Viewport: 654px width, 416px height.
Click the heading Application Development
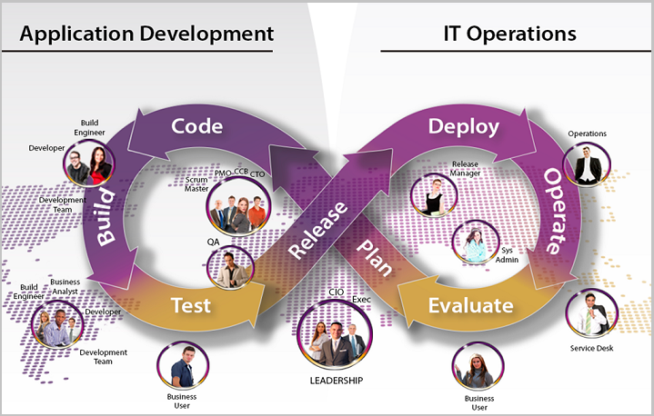point(146,34)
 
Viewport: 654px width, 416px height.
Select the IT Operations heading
point(509,34)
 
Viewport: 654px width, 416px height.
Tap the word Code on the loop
point(197,125)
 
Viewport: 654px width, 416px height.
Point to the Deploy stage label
point(464,125)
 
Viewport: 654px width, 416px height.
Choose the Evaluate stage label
point(470,305)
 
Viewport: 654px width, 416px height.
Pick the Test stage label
point(192,305)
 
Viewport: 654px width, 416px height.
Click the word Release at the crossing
point(317,229)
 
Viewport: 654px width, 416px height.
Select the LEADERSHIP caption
point(337,380)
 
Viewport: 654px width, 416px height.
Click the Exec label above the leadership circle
point(361,299)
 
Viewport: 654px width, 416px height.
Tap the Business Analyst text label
point(65,287)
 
